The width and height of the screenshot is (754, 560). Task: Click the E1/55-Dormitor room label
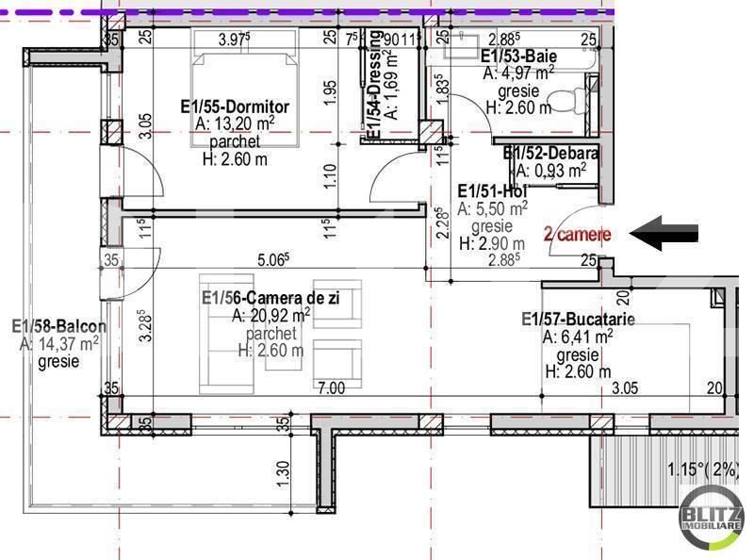point(235,107)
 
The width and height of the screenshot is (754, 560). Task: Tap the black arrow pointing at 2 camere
point(664,234)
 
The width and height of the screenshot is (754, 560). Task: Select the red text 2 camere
point(577,234)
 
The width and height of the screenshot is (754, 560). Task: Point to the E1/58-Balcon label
point(58,327)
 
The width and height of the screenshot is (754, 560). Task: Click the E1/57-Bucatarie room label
point(578,320)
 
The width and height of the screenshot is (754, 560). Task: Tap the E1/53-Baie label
point(518,56)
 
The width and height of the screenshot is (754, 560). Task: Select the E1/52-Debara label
point(551,153)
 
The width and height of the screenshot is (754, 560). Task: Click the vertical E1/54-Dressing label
point(375,87)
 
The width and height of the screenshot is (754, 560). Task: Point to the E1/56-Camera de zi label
point(271,298)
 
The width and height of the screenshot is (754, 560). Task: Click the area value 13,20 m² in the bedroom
point(236,124)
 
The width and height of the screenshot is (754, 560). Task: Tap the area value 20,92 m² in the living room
point(271,315)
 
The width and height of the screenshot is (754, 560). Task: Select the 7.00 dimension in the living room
point(330,387)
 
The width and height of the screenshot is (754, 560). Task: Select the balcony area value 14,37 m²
point(59,345)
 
